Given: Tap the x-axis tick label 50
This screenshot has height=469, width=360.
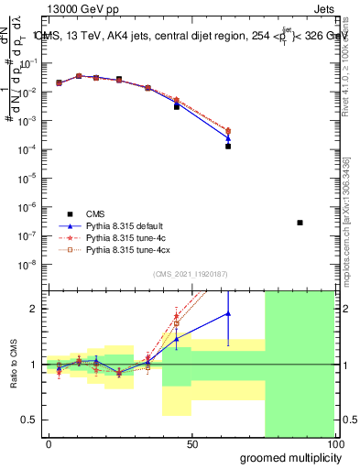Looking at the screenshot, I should (x=192, y=444).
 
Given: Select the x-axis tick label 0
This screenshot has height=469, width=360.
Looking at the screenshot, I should (x=49, y=444).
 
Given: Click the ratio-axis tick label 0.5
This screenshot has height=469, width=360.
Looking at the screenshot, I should (x=30, y=420).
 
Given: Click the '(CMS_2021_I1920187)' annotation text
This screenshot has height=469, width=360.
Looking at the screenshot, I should (x=190, y=273).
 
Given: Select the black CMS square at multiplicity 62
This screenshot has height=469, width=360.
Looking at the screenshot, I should (x=228, y=146).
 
